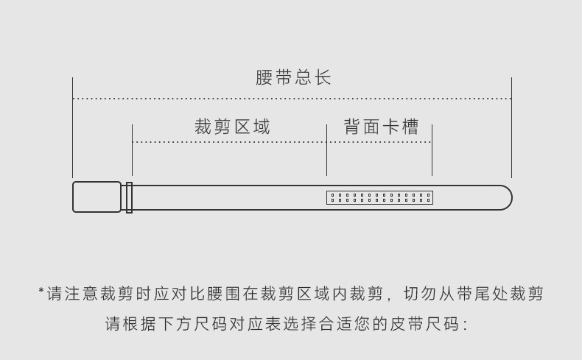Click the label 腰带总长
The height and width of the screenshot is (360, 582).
click(x=293, y=78)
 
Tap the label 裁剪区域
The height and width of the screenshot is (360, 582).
click(x=232, y=127)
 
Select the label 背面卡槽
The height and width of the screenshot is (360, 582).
click(x=381, y=127)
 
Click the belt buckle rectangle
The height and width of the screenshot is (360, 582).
click(x=97, y=197)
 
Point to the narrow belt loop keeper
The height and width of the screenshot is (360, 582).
click(x=129, y=197)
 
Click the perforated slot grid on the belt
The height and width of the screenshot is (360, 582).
click(x=379, y=197)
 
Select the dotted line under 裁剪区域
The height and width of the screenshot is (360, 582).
click(x=229, y=142)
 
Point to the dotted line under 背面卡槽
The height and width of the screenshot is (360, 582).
click(x=379, y=142)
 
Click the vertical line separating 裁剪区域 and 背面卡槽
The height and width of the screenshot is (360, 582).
click(x=326, y=150)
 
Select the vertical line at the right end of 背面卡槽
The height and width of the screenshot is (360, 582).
click(x=432, y=150)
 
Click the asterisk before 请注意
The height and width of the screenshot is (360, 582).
click(x=41, y=292)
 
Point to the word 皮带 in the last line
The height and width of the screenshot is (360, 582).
click(x=401, y=325)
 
